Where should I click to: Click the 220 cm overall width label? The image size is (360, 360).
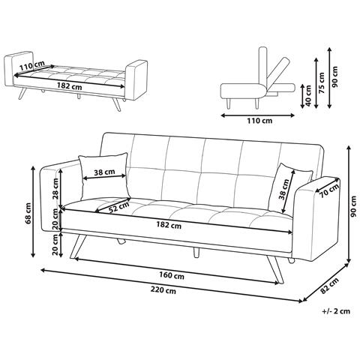[x=163, y=290]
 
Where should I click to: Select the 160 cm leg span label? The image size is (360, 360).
[x=172, y=275]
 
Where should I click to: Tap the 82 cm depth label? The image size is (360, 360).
[x=329, y=286]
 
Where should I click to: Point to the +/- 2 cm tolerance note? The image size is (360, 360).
[x=336, y=311]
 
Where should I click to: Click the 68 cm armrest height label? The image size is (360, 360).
[x=28, y=213]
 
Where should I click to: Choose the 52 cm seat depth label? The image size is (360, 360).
[x=119, y=207]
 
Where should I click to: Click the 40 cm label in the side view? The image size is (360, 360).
[x=308, y=96]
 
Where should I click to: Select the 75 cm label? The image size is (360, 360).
[x=322, y=83]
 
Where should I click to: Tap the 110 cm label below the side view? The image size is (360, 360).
[x=259, y=121]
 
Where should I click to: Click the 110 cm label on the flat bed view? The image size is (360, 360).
[x=31, y=66]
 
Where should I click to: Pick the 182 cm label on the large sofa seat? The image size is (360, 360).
[x=169, y=225]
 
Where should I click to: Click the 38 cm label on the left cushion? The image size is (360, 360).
[x=104, y=172]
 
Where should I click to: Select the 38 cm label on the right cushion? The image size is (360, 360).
[x=284, y=189]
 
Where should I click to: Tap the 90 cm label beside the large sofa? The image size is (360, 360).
[x=353, y=206]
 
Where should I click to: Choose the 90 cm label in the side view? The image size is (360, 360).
[x=335, y=76]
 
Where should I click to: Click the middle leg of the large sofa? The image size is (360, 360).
[x=196, y=252]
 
